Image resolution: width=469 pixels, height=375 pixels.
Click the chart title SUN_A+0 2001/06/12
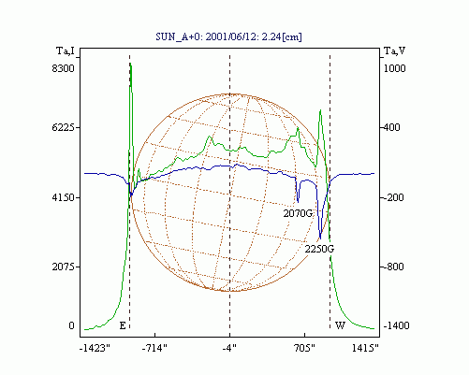pos(228,36)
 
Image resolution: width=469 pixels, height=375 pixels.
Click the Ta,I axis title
pos(66,50)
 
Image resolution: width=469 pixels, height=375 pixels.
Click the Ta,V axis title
pos(394,50)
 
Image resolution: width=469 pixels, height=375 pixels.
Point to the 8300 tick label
pos(64,68)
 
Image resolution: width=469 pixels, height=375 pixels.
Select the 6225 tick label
pos(64,127)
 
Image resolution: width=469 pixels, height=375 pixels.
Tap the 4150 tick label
pos(64,197)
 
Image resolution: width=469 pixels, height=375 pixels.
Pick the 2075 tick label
pos(64,267)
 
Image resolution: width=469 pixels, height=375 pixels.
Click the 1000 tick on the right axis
pos(394,68)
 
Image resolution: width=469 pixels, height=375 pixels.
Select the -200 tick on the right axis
pos(393,197)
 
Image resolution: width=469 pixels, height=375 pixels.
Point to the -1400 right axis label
pos(396,325)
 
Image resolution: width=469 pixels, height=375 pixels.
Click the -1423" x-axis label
pos(95,348)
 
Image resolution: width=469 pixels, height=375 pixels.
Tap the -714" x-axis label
pos(154,348)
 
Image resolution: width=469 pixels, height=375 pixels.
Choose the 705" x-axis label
pos(305,348)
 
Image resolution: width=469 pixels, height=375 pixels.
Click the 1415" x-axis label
pos(365,348)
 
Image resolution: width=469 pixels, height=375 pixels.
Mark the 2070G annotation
pos(298,213)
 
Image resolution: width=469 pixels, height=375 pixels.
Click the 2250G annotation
pos(319,249)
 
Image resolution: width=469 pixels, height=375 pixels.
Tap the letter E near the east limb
pos(123,325)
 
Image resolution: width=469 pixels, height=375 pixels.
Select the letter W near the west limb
pos(340,325)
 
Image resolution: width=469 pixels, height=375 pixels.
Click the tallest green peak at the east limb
pos(131,64)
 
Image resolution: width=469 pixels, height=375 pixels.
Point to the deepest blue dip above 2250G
pos(320,238)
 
